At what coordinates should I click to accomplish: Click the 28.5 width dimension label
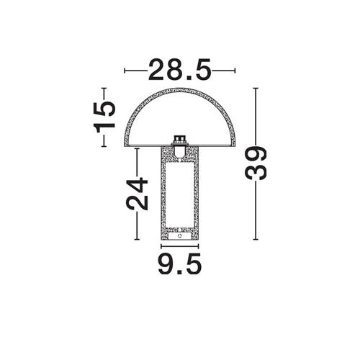pos(180,70)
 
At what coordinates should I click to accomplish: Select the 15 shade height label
pos(104,117)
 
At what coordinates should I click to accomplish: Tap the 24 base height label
pos(137,194)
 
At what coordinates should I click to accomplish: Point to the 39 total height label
pos(256,163)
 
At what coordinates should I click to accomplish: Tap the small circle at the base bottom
pos(179,236)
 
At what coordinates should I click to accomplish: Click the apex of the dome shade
pos(180,89)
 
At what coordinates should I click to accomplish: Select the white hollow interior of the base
pos(179,194)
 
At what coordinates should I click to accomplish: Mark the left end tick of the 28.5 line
pos(125,71)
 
